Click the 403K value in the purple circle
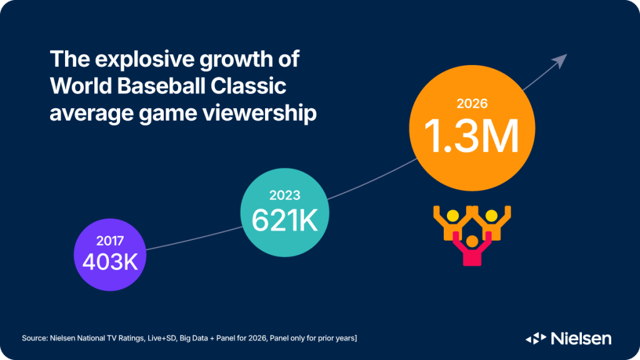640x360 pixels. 109,260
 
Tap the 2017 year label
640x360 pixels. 110,240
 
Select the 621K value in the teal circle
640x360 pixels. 284,219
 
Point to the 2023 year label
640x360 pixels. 284,195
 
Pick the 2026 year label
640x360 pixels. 472,103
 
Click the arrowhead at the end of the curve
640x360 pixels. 560,59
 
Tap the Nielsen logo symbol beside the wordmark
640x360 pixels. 536,338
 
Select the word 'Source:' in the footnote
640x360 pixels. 36,338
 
